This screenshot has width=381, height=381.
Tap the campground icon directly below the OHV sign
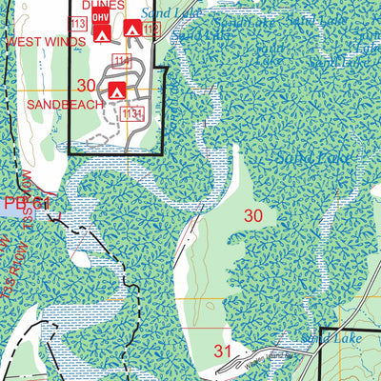click(97, 32)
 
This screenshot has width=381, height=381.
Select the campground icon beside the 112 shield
click(132, 30)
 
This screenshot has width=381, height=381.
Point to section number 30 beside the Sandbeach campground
click(87, 86)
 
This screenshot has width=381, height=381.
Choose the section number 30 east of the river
click(253, 215)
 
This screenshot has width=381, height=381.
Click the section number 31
click(223, 351)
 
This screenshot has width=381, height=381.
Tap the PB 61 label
click(26, 203)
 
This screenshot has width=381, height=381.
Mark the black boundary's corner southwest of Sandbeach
click(69, 152)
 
